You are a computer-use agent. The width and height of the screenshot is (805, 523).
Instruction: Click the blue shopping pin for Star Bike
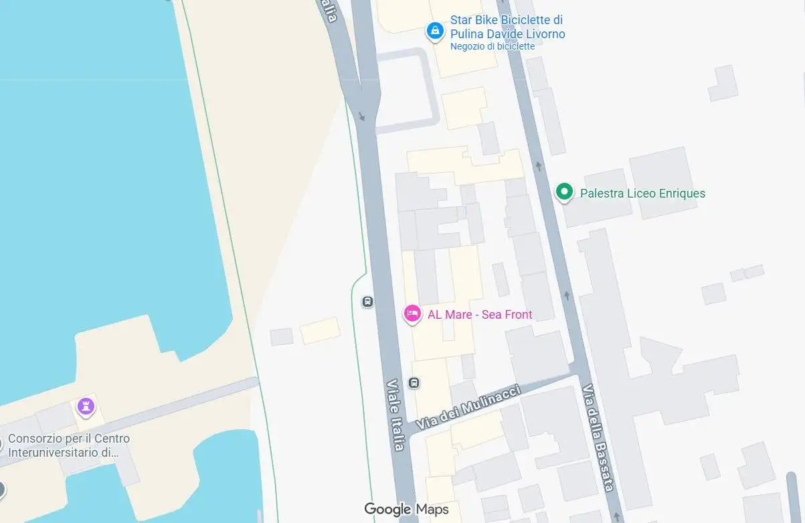435,30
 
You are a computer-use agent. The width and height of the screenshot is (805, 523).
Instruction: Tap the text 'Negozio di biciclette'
493,46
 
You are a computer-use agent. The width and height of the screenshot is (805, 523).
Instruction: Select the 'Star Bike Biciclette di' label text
507,20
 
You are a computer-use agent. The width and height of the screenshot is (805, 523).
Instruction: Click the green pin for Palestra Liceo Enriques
564,192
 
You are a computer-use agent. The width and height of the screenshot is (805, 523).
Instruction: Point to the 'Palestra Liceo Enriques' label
642,194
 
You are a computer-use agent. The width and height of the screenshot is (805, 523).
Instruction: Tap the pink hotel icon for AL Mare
412,313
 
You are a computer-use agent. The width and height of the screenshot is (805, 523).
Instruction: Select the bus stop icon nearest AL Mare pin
367,301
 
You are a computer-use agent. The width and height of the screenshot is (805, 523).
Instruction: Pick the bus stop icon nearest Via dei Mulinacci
414,383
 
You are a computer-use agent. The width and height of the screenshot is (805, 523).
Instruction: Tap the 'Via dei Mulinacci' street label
468,408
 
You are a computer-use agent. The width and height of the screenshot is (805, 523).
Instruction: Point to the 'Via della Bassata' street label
598,437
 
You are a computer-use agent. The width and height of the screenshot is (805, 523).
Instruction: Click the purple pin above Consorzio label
85,405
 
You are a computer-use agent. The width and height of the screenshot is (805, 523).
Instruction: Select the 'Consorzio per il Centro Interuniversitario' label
69,445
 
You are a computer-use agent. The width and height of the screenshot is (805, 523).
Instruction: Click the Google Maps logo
406,510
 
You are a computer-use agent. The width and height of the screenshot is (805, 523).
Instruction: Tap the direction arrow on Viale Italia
362,117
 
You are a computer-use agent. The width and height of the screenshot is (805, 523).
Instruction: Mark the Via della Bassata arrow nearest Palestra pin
539,165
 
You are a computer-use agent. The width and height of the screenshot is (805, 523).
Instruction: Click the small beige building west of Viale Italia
319,331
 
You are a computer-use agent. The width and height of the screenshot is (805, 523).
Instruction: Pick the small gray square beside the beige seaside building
282,336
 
